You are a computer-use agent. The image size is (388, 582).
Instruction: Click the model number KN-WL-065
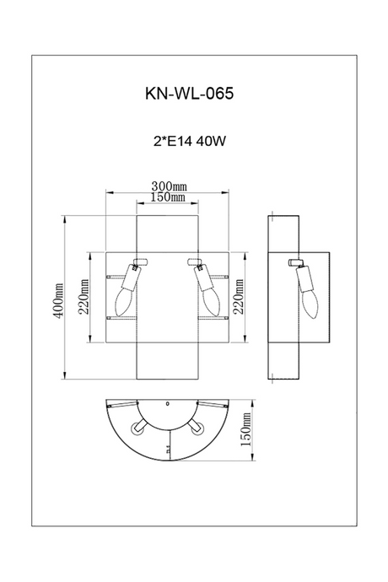pos(189,93)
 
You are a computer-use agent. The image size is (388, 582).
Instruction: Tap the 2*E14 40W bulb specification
pos(189,141)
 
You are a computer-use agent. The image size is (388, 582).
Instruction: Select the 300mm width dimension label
pos(169,186)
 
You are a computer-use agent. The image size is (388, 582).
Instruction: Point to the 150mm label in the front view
pos(168,197)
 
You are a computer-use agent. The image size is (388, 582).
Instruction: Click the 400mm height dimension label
pos(58,300)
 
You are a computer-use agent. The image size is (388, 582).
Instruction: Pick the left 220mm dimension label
pos(84,297)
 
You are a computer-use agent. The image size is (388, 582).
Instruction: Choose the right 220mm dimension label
pos(238,297)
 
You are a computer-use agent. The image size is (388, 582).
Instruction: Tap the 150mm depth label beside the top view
pos(246,429)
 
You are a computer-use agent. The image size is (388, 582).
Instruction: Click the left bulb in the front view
pos(123,301)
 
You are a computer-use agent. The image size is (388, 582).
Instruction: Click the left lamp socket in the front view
pos(132,278)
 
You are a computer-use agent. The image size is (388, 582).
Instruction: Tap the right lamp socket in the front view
pos(202,278)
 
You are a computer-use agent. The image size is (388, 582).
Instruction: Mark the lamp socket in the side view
pos(304,278)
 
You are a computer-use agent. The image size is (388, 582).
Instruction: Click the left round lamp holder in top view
pos(137,428)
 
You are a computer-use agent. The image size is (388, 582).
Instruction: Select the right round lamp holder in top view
pos(197,428)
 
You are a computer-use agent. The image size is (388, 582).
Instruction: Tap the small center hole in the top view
pos(167,403)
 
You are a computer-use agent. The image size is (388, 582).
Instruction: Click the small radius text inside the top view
pos(168,450)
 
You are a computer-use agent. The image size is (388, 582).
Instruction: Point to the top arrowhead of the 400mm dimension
pos(65,219)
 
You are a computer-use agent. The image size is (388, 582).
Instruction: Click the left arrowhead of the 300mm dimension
pos(110,192)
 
